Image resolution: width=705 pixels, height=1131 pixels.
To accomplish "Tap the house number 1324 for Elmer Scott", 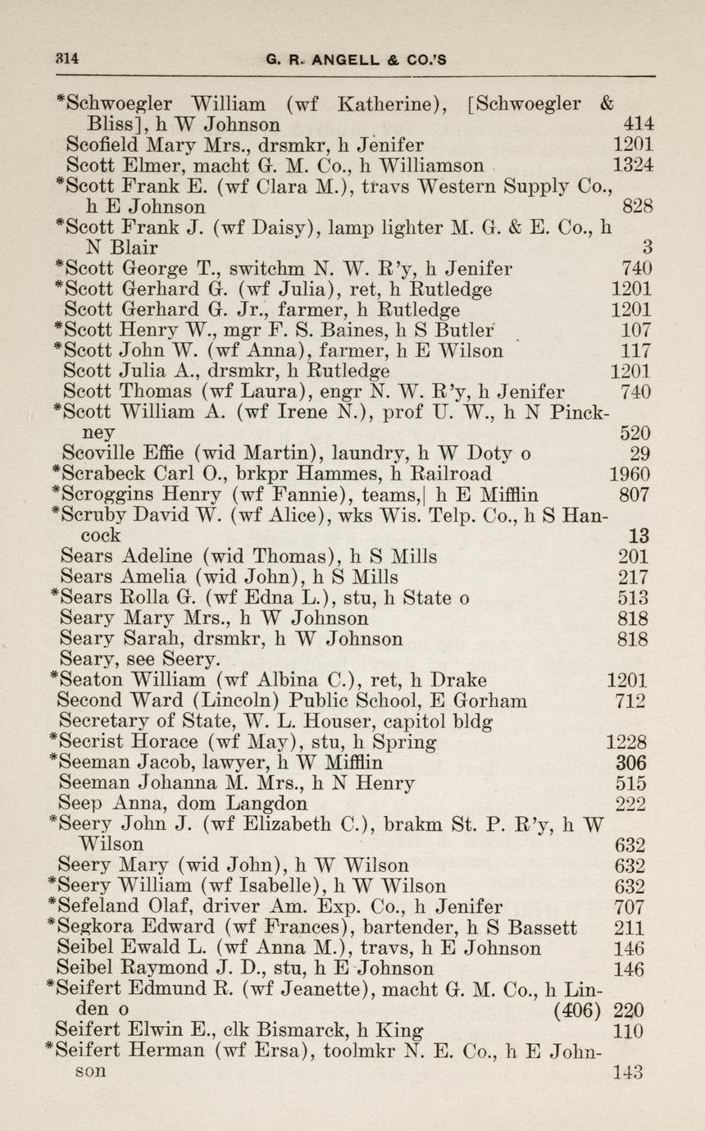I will click(634, 166).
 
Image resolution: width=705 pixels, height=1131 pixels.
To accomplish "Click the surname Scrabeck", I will click(106, 474).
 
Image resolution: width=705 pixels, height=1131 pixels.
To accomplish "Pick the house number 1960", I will click(630, 475).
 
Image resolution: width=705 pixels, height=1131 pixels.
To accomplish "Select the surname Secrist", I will click(98, 742).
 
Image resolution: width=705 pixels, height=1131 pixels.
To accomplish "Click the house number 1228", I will click(627, 742).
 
